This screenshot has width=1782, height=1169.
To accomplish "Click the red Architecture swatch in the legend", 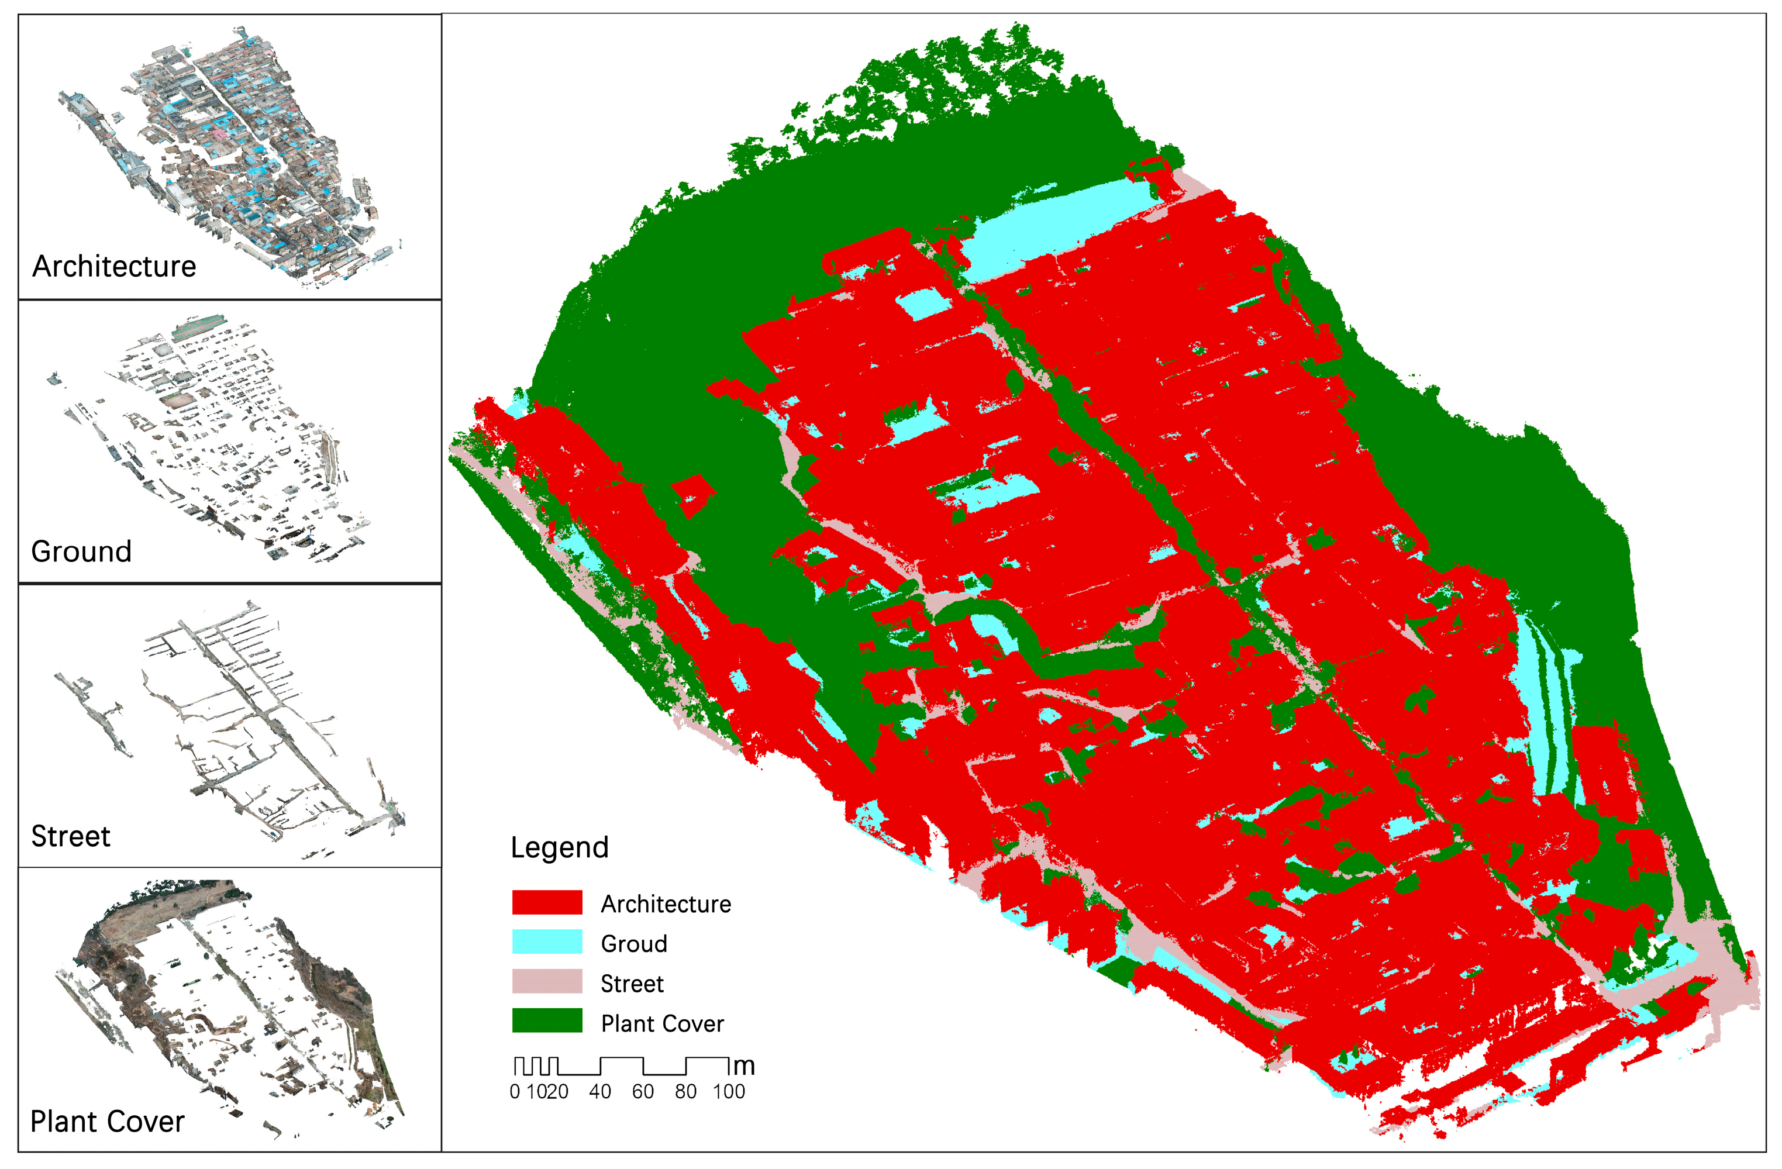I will pos(547,902).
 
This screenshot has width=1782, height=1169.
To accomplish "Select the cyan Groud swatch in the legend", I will pos(547,942).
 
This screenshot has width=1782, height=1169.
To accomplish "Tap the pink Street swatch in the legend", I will pos(547,982).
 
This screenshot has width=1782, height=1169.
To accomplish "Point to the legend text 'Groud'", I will pos(633,944).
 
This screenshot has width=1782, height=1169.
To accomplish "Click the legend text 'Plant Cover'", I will pos(662,1024).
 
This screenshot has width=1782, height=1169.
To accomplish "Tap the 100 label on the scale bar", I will pos(729,1092).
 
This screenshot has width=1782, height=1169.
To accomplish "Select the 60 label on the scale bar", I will pos(642,1092).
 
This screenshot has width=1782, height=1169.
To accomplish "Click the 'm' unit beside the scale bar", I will pos(743,1065).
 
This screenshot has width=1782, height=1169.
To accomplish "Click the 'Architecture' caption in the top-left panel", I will pos(114,267).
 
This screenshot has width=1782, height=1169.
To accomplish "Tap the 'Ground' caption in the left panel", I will pos(81,552).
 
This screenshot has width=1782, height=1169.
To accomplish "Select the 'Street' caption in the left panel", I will pos(70,836).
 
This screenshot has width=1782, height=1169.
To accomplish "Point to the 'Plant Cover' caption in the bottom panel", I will pos(107,1122).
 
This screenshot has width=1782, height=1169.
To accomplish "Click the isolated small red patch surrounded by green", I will pos(692,495).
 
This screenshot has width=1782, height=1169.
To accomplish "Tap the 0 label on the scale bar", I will pos(515,1092).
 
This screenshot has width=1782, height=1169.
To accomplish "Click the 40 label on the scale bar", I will pos(599,1092).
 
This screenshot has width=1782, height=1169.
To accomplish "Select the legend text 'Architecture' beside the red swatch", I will pos(666,904).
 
